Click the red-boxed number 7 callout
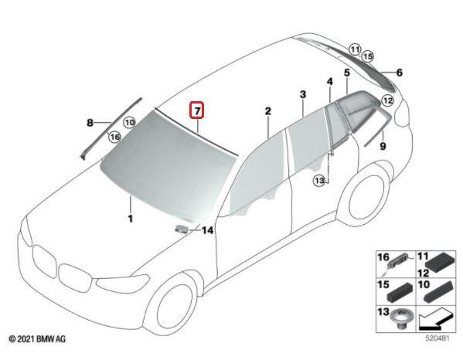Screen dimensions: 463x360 (x=197, y=110)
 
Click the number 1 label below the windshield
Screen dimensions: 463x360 (x=130, y=219)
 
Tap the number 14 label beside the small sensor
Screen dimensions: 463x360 (x=207, y=230)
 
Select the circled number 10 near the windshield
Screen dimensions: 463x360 (x=129, y=122)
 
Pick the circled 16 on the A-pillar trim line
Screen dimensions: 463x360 (x=114, y=137)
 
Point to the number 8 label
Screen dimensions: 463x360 (x=90, y=123)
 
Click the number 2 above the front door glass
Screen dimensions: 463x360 (x=267, y=111)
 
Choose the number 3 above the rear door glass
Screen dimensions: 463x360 (x=303, y=94)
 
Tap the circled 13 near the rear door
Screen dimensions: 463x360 (x=319, y=180)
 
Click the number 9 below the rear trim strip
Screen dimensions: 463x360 (x=383, y=146)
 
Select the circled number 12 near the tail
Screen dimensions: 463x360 (x=387, y=101)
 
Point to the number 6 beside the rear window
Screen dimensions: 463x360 (x=399, y=73)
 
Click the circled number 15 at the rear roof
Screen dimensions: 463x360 (x=367, y=56)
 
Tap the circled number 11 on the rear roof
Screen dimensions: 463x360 (x=355, y=49)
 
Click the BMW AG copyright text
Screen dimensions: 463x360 (x=37, y=339)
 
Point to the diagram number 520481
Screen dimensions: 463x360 (x=437, y=338)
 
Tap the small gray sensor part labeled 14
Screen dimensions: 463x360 (x=182, y=229)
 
